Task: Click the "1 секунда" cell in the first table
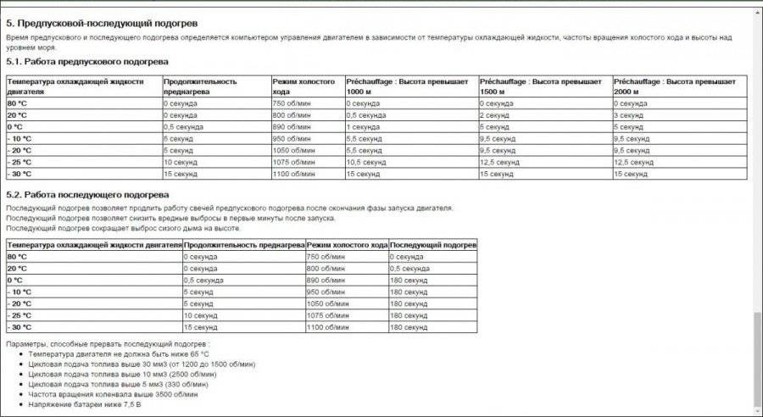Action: point(364,126)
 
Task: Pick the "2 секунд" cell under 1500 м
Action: point(495,114)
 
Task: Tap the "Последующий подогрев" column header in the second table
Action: point(432,245)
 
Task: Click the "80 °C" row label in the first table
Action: point(18,103)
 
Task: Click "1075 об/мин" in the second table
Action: point(326,315)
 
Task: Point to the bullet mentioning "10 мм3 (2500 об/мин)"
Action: point(124,374)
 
